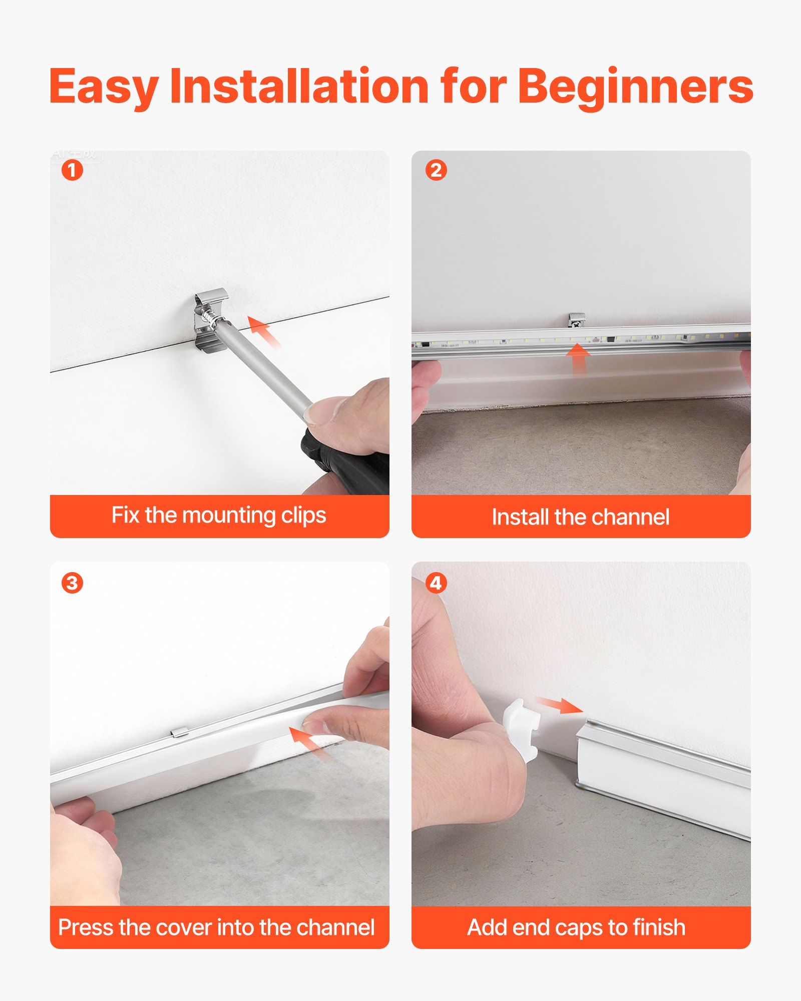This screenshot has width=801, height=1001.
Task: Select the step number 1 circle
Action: click(72, 170)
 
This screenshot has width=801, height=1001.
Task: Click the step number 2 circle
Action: click(436, 170)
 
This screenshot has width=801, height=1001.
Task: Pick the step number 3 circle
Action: click(72, 583)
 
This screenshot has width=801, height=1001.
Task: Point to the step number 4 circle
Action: click(436, 583)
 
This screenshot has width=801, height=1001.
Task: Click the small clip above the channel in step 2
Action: click(577, 319)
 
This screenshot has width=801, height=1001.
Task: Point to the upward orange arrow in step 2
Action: click(578, 356)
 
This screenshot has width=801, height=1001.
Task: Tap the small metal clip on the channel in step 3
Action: click(179, 733)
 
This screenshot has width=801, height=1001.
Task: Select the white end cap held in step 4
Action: click(522, 728)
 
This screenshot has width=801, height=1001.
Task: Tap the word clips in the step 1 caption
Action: click(303, 516)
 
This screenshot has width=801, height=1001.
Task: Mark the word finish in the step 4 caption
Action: click(658, 927)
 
